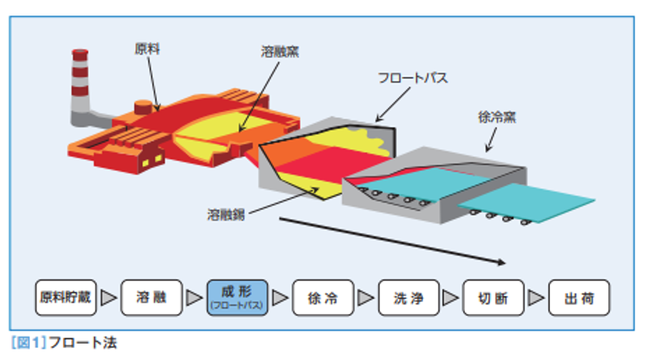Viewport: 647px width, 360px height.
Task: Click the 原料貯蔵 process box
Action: tap(66, 298)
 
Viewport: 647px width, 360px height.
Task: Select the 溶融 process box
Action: tap(150, 298)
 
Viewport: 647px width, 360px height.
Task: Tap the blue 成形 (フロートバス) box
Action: tap(236, 298)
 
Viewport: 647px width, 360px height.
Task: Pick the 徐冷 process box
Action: tap(322, 298)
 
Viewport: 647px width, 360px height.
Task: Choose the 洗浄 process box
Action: tap(408, 298)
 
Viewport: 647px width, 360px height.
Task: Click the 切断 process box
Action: tap(493, 298)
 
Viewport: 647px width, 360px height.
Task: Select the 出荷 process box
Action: tap(579, 298)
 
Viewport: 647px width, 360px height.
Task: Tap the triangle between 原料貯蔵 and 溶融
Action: tap(108, 299)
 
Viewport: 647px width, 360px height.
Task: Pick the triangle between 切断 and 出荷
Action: tap(536, 299)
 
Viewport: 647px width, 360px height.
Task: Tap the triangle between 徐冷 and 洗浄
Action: tap(365, 299)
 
